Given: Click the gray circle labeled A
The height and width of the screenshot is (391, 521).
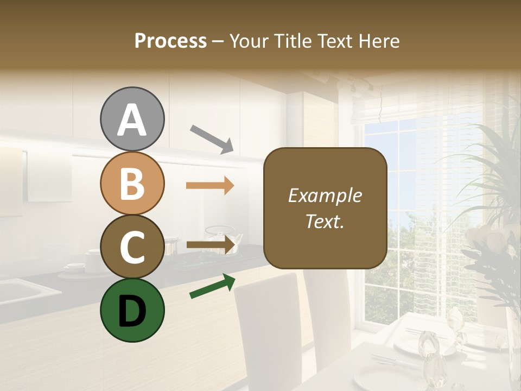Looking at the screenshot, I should (x=132, y=119).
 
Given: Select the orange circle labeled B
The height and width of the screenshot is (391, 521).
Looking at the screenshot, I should (x=132, y=183).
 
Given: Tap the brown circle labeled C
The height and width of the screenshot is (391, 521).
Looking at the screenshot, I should (x=132, y=247).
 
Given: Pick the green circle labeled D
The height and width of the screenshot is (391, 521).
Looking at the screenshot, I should (x=132, y=310).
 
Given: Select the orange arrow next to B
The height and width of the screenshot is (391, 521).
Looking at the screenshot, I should (x=210, y=186).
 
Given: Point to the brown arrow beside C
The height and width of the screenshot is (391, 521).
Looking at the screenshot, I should (x=211, y=245).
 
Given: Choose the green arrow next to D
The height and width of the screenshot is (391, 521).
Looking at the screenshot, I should (x=212, y=286).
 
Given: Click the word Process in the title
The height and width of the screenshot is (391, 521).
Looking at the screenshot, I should (x=170, y=41).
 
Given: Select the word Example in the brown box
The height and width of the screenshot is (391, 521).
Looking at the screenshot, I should (x=325, y=195).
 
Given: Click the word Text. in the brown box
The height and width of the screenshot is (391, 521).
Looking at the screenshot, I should (x=325, y=221).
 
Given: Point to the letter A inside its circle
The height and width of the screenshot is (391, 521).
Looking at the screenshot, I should (x=132, y=120).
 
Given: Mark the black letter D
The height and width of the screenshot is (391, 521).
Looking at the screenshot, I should (x=132, y=311).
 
